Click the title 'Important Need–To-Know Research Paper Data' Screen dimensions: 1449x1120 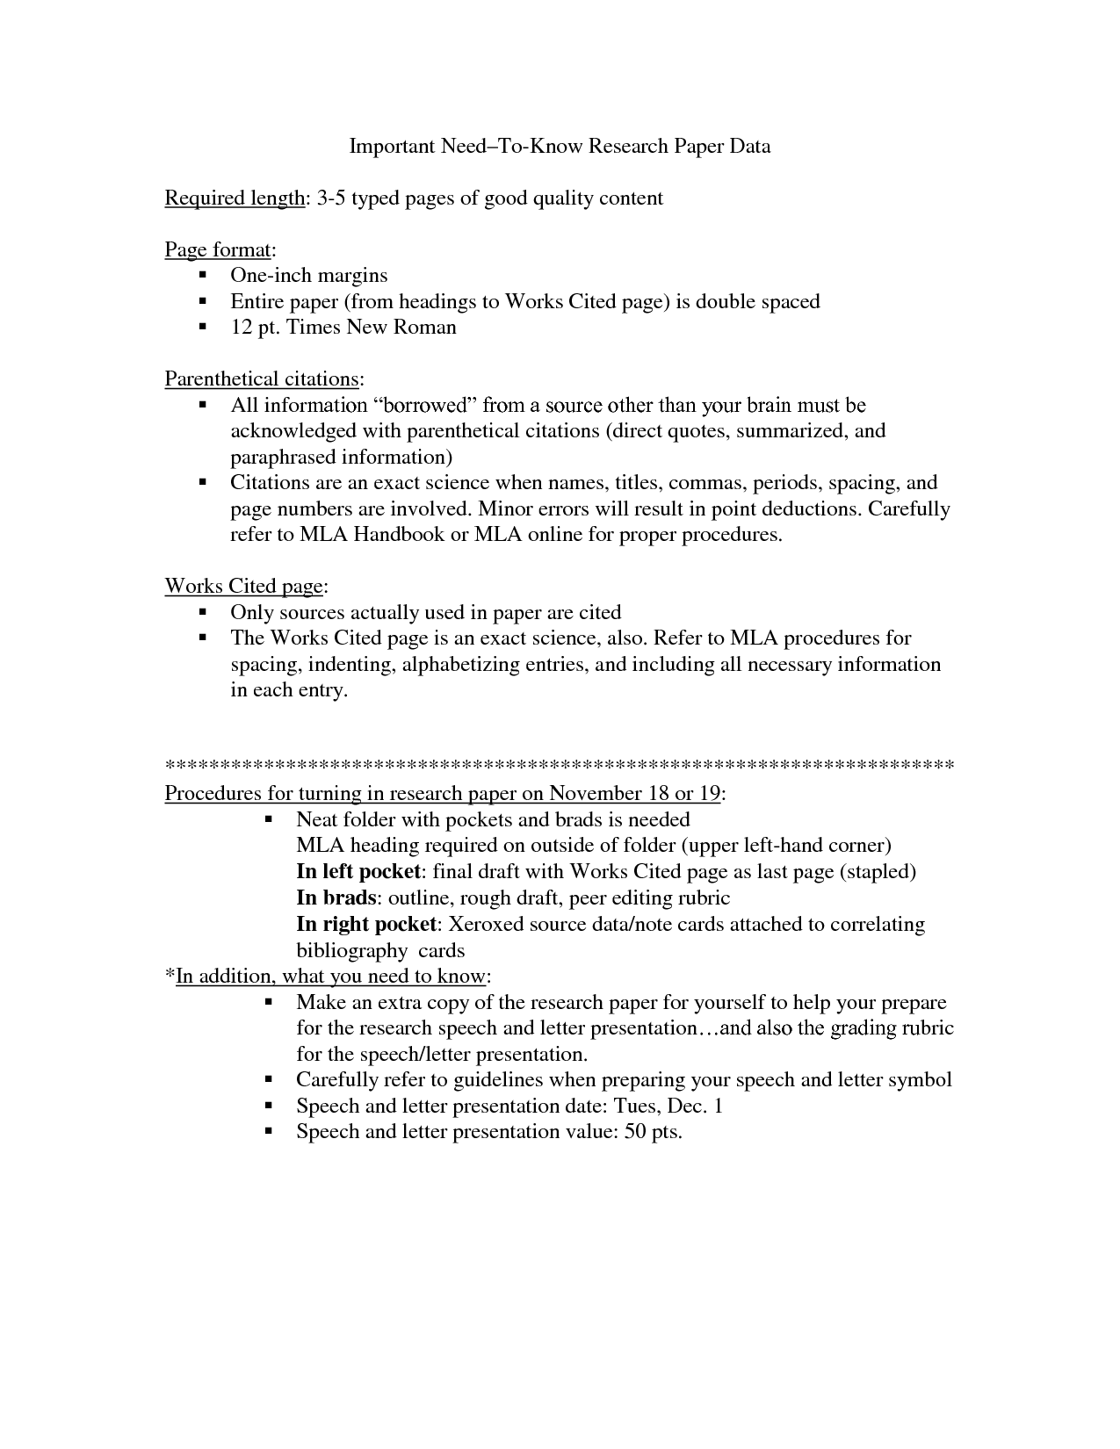560,146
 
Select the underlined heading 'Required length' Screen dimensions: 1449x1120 234,198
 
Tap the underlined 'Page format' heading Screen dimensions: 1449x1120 218,250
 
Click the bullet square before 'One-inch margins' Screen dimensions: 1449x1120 203,276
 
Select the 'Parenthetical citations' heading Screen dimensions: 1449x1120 261,379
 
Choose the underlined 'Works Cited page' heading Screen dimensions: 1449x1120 243,587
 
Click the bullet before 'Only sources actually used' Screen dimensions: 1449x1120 203,612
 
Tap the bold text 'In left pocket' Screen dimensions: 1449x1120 358,871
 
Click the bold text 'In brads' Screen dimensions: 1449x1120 336,898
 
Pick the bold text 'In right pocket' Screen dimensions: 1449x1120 365,924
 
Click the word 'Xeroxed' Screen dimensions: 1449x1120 486,924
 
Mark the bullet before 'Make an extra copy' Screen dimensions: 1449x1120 269,1003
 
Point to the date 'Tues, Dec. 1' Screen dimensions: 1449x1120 668,1106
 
